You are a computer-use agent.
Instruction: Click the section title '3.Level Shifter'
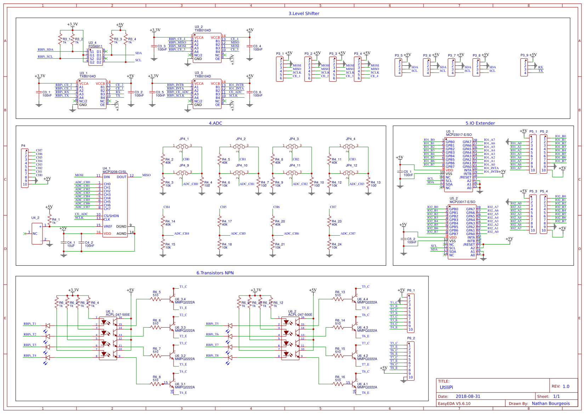coord(303,13)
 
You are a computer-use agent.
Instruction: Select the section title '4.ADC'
coord(215,123)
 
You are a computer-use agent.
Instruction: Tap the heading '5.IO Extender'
coord(480,123)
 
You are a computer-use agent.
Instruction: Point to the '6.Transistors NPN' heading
coord(215,273)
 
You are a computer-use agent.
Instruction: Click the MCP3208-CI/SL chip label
coord(114,172)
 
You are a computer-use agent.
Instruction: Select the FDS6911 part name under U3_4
coord(95,46)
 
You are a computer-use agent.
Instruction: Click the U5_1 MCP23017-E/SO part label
coord(459,135)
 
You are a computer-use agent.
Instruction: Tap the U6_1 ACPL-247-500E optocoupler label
coord(118,315)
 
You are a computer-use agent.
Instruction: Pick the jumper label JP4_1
coord(184,139)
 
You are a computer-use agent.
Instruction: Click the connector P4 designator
coord(23,146)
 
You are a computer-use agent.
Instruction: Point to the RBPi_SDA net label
coord(45,50)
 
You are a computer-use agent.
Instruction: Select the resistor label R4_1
coord(56,220)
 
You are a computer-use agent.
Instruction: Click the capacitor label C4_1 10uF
coord(71,244)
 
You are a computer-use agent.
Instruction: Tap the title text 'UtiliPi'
coord(446,387)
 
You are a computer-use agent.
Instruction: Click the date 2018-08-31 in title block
coord(468,396)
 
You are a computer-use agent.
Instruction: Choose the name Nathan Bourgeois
coord(551,403)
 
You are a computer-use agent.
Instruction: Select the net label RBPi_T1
coord(30,324)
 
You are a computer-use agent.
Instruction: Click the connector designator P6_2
coord(411,338)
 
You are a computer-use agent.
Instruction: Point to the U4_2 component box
coord(37,234)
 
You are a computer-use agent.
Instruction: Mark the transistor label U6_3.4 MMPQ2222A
coord(184,301)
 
